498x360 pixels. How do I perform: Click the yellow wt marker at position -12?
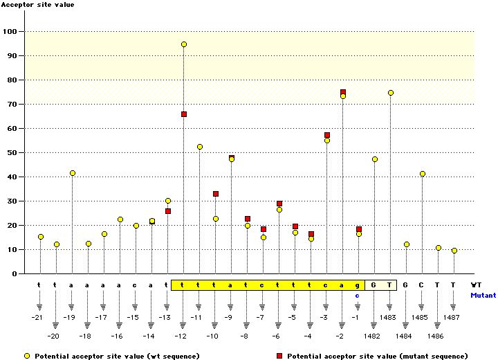tap(184, 44)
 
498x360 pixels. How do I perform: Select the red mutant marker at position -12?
tap(184, 114)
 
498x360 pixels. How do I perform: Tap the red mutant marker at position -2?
tap(343, 92)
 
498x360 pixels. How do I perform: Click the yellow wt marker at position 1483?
tap(391, 93)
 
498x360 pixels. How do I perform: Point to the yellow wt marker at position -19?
tap(73, 173)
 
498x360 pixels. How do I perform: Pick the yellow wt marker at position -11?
tap(200, 147)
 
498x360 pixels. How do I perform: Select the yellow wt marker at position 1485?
tap(423, 174)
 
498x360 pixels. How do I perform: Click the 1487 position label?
tap(453, 317)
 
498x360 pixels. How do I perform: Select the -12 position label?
tap(181, 336)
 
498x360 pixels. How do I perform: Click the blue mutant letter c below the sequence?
tap(358, 295)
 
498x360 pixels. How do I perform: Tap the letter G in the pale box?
tap(374, 285)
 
